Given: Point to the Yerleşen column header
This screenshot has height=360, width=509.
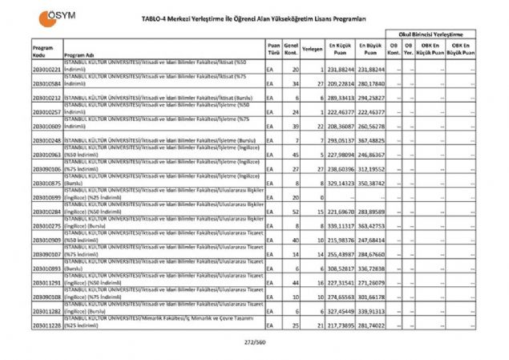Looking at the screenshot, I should click(x=313, y=49).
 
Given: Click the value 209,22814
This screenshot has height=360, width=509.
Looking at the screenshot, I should click(x=340, y=83).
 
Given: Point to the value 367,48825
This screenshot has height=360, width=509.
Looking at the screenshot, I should click(x=371, y=140).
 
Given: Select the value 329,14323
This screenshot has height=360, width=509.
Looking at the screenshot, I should click(x=340, y=184).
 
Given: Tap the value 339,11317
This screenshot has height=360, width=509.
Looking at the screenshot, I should click(x=340, y=226).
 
